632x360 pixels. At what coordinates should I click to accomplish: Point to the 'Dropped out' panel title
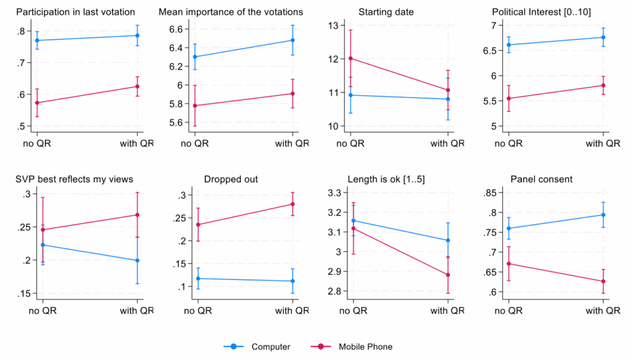pos(231,179)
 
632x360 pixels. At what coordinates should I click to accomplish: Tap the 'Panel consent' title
pos(533,179)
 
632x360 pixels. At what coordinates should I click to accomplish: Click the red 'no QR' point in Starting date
pos(352,59)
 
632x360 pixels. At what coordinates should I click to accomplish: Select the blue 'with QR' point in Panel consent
pos(602,215)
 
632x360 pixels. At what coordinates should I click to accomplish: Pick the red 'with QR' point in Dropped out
pos(293,204)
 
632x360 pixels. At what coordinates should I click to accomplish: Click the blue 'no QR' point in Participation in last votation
pos(38,40)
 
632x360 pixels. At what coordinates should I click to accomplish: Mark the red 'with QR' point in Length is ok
pos(448,275)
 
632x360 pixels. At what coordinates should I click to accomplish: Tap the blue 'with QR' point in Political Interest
pos(602,37)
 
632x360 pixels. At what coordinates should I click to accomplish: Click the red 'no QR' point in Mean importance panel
pos(196,106)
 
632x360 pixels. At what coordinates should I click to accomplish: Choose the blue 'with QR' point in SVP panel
pos(137,261)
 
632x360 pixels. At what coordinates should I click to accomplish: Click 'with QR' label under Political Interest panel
pos(602,144)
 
